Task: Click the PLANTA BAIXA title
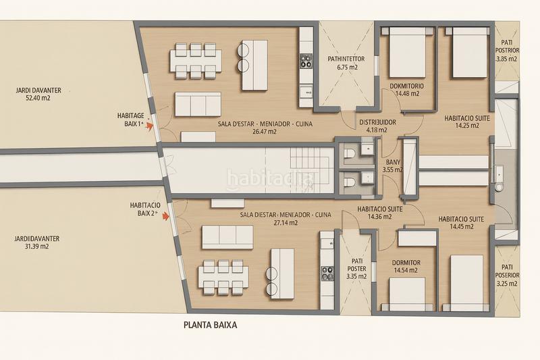pyautogui.click(x=210, y=325)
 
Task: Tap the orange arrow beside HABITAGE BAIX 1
pyautogui.click(x=149, y=126)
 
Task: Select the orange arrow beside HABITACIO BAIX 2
pyautogui.click(x=165, y=217)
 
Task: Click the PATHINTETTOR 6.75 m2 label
pyautogui.click(x=346, y=63)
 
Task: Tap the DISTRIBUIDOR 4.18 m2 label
pyautogui.click(x=377, y=126)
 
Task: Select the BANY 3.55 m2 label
pyautogui.click(x=393, y=165)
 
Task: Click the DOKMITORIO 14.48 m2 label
pyautogui.click(x=407, y=90)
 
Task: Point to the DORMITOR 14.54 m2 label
pyautogui.click(x=406, y=266)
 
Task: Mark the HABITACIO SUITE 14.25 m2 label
pyautogui.click(x=467, y=122)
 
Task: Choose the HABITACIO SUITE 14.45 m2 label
pyautogui.click(x=461, y=222)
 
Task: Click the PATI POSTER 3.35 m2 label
pyautogui.click(x=356, y=269)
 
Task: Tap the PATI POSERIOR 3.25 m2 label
pyautogui.click(x=507, y=276)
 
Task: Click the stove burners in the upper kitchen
pyautogui.click(x=305, y=61)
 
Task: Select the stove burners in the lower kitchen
pyautogui.click(x=327, y=273)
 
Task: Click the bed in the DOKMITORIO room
pyautogui.click(x=407, y=53)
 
